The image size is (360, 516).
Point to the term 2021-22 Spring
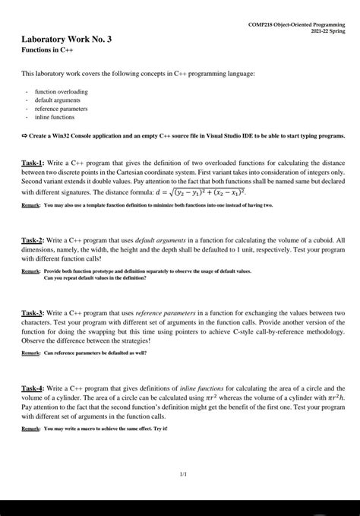[x=324, y=32]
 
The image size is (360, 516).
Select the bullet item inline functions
[x=55, y=117]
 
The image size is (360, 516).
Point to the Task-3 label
[x=33, y=312]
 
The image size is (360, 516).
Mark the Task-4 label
[x=33, y=388]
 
